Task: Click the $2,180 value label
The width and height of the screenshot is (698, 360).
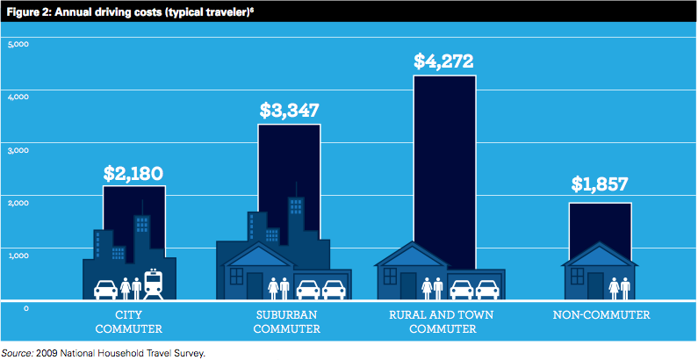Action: tap(133, 173)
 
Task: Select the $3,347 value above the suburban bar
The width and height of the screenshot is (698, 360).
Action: tap(289, 112)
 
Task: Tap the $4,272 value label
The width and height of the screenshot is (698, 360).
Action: tap(444, 61)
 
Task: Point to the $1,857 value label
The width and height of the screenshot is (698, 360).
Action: tap(601, 184)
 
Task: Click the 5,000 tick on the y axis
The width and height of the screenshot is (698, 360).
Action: tap(19, 44)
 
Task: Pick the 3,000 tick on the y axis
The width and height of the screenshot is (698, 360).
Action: tap(19, 150)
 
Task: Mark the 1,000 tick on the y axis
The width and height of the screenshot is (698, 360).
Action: tap(19, 256)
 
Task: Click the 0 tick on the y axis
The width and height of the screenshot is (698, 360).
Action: tap(26, 308)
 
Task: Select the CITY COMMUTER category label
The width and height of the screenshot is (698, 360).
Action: tap(133, 321)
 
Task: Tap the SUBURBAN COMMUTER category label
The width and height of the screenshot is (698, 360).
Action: tap(290, 321)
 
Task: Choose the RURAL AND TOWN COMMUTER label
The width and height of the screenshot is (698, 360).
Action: tap(444, 321)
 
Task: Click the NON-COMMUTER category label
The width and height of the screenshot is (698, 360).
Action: tap(601, 314)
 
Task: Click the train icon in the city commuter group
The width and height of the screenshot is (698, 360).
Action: tap(154, 283)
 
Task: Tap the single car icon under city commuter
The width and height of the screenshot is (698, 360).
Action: tap(106, 288)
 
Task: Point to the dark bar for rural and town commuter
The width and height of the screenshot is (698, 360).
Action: tap(444, 158)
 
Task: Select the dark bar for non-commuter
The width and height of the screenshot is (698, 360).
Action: tap(601, 224)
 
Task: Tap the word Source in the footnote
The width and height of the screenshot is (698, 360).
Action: tap(18, 351)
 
